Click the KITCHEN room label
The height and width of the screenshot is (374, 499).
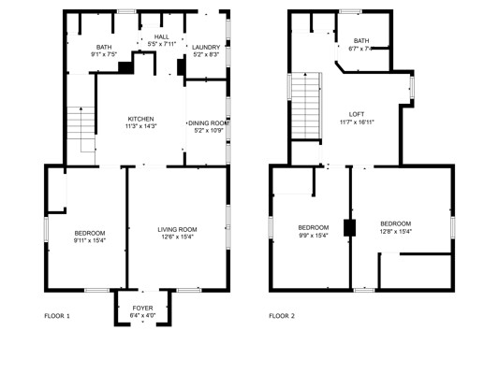point(140,119)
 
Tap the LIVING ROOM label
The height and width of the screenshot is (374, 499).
point(177,229)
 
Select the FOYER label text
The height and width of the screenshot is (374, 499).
point(142,308)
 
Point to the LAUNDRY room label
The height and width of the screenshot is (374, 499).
point(206,47)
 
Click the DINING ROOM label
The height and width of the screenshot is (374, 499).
point(209,123)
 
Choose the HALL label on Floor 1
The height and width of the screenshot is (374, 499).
point(162,36)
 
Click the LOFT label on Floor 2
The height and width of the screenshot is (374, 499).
point(357,114)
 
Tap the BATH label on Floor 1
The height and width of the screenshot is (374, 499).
point(104,48)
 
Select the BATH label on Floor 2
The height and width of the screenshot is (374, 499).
point(361,41)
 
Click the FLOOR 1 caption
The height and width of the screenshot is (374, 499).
point(57,316)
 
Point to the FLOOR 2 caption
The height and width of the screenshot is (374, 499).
point(282,316)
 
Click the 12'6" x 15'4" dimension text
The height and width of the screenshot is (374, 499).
point(177,237)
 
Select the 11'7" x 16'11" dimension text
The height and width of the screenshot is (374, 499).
point(357,122)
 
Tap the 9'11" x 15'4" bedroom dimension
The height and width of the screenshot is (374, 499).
point(90,240)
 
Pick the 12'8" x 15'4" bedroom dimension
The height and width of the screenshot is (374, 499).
point(396,231)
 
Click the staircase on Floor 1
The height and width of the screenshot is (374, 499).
point(81,129)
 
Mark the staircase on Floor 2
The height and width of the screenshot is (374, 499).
point(306,106)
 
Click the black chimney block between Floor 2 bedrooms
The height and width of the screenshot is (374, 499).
point(349,228)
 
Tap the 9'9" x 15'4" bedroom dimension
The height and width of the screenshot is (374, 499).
point(314,236)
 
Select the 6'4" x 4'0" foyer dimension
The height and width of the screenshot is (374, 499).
point(142,315)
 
